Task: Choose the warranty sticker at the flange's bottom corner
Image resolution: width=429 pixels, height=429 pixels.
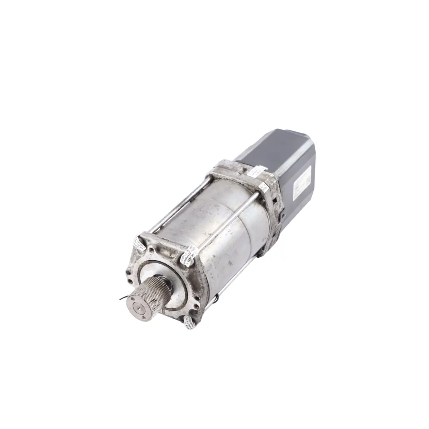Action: tap(190, 323)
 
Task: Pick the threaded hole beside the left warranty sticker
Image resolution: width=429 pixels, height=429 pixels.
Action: tap(151, 250)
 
